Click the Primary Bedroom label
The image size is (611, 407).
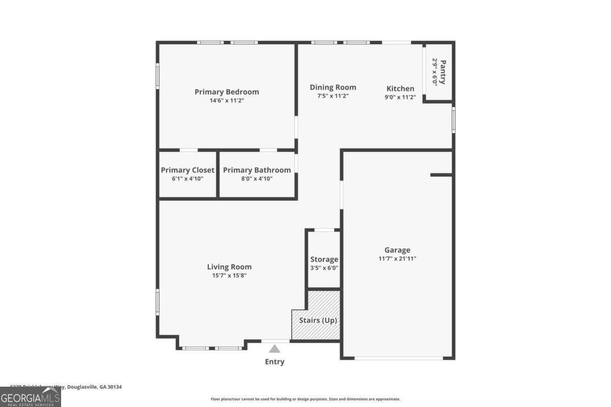(x=227, y=92)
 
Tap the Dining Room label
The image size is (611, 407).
(x=333, y=88)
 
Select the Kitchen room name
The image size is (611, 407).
(x=400, y=89)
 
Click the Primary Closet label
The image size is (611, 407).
(x=187, y=170)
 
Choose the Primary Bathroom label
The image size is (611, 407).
(x=257, y=170)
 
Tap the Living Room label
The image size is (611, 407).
(x=229, y=267)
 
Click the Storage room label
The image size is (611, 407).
(x=324, y=259)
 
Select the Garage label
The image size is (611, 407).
(x=397, y=250)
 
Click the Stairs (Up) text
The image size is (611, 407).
(x=318, y=321)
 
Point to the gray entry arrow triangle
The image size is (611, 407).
(x=275, y=349)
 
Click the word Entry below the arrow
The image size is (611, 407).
(x=275, y=362)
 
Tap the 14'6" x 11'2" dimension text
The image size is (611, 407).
(x=227, y=101)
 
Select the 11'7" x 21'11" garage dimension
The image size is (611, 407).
(x=397, y=258)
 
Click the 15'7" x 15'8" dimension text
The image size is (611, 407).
(x=229, y=276)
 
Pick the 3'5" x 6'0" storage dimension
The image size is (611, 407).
(x=324, y=268)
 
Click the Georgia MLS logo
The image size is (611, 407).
(x=30, y=397)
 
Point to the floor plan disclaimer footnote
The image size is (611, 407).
(x=305, y=399)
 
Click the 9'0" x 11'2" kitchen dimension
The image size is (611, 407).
(x=400, y=97)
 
